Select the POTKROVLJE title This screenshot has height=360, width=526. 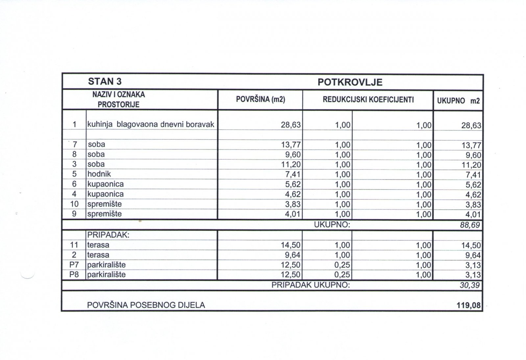pos(350,82)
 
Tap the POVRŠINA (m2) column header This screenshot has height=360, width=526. pos(260,100)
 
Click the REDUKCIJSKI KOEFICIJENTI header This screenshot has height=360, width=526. pos(368,100)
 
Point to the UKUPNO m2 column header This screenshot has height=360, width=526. pos(458,101)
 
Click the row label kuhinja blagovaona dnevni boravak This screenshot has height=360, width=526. pos(151,125)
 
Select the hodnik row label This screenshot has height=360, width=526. pos(99,174)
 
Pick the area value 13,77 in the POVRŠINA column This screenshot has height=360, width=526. pos(291,145)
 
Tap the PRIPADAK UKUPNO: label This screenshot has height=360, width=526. pos(311,285)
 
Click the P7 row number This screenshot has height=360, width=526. pos(74,265)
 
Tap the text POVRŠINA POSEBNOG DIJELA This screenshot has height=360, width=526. pos(146,305)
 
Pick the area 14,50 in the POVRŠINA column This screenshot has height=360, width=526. pos(291,245)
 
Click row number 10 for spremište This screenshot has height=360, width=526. pos(74,204)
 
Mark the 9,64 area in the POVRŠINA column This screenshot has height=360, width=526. pos(293,255)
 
